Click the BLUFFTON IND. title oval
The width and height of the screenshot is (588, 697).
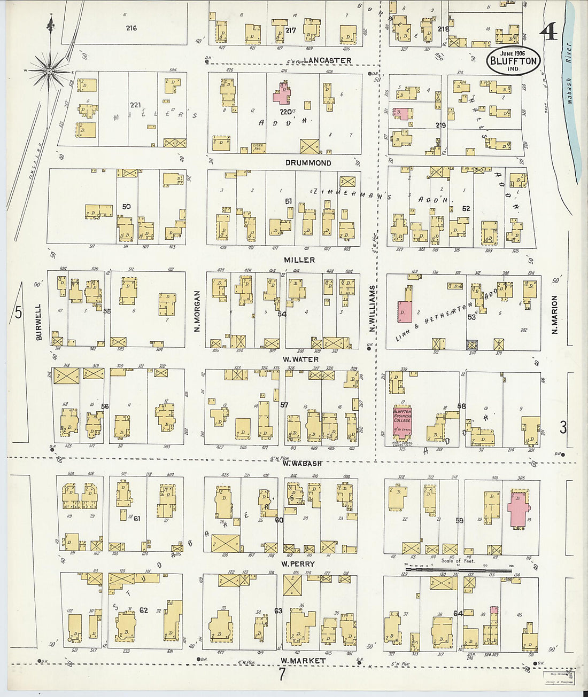[513, 60]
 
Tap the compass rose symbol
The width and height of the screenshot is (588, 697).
[49, 71]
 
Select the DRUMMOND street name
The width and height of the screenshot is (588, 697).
[308, 163]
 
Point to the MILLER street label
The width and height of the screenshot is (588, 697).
[299, 260]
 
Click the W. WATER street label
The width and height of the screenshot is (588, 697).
[300, 359]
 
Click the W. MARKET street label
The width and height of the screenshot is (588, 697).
[303, 661]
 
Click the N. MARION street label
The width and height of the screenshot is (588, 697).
[555, 315]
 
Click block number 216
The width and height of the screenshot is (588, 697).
[131, 28]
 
